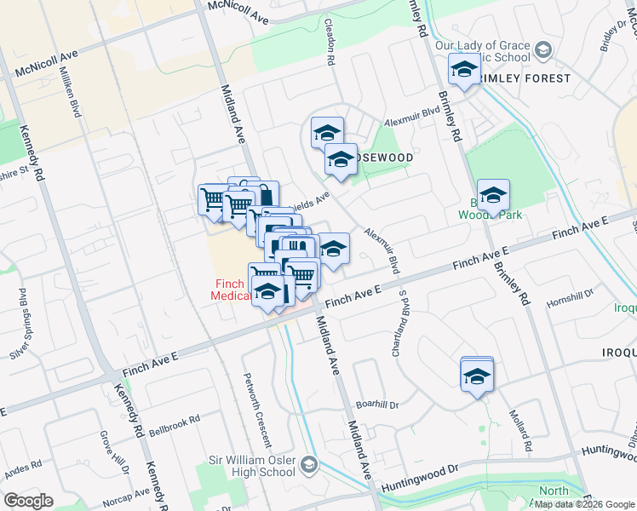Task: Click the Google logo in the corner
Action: (x=28, y=501)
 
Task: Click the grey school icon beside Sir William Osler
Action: (x=308, y=465)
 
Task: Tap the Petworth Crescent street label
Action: (x=256, y=408)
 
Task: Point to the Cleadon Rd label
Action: (x=330, y=43)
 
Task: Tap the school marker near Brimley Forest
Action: (x=465, y=70)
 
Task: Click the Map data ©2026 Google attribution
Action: (x=583, y=503)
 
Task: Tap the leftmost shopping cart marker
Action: (x=213, y=200)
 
